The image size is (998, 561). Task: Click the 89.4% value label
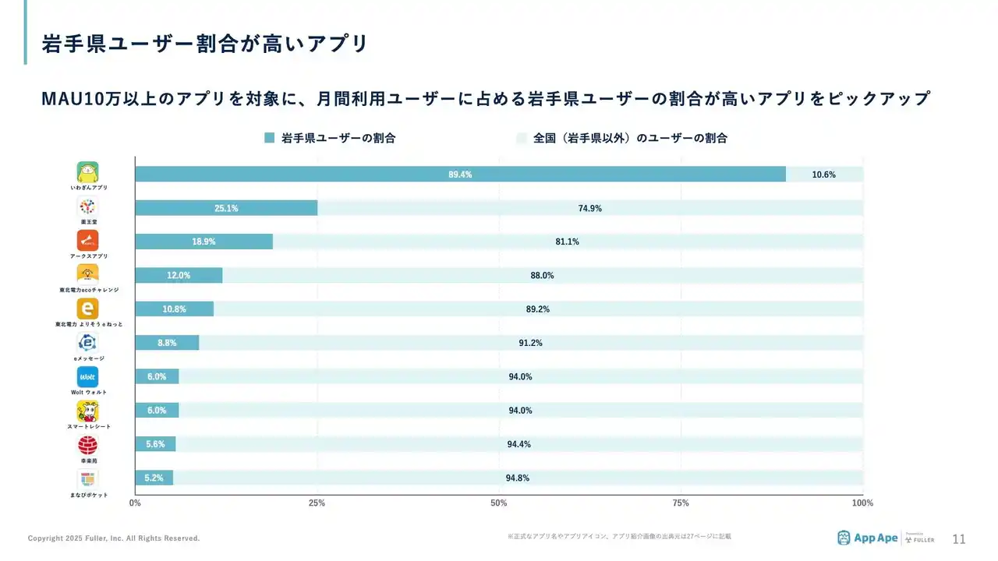460,175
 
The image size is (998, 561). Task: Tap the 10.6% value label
823,175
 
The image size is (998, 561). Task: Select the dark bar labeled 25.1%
226,208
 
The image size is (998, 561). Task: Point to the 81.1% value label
567,242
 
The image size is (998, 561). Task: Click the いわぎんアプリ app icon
88,172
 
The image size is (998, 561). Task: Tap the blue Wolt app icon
88,377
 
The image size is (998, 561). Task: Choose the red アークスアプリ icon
88,241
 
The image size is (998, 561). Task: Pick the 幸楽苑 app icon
88,445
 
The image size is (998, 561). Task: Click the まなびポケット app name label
88,495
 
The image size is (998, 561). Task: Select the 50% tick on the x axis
499,503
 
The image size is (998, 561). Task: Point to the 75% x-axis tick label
681,503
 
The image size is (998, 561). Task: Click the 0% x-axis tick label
135,503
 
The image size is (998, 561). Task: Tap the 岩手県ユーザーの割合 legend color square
270,138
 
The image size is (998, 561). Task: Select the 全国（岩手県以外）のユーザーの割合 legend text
630,138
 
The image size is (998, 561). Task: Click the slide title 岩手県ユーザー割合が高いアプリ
204,44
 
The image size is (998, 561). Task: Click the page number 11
959,538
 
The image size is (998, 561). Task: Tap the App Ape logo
867,538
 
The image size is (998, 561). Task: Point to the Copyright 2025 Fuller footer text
114,538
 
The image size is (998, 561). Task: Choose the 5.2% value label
154,478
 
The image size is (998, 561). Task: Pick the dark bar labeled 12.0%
179,275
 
